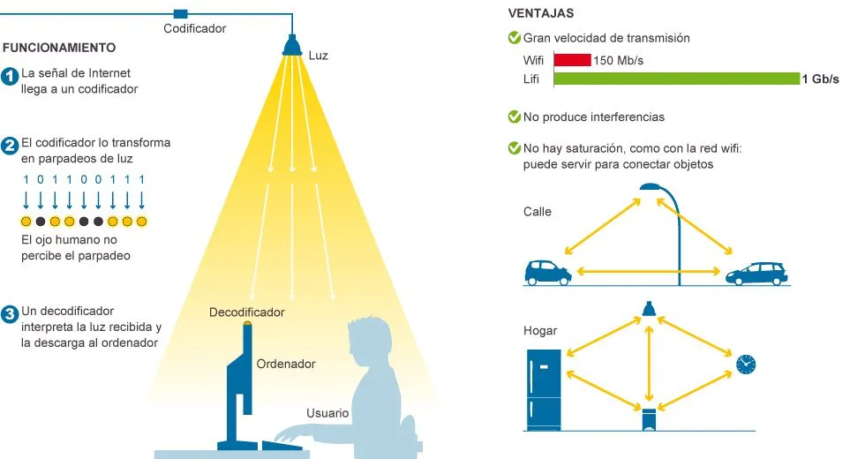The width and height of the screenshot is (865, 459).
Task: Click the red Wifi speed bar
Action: click(x=572, y=60)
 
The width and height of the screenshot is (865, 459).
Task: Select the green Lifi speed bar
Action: click(x=677, y=79)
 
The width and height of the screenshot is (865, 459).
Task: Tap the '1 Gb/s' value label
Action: click(x=820, y=79)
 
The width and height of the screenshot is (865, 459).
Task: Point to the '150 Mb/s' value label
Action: click(x=619, y=61)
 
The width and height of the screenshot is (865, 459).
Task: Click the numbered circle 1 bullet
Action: click(x=10, y=76)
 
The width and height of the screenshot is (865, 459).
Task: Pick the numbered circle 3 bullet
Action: click(x=10, y=314)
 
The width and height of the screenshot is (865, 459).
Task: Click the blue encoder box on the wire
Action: click(x=180, y=14)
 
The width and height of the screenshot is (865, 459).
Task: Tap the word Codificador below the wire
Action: click(x=195, y=28)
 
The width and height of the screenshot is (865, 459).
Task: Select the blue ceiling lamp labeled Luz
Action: click(x=292, y=45)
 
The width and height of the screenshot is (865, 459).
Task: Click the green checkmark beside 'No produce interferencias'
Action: click(x=514, y=117)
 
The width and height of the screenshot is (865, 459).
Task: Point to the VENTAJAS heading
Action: click(x=540, y=13)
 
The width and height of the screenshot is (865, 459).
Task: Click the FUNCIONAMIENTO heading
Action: click(x=59, y=48)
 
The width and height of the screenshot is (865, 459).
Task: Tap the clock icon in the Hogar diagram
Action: click(x=746, y=364)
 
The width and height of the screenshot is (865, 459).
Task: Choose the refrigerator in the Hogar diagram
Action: click(x=544, y=390)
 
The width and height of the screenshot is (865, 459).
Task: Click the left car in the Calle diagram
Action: click(x=548, y=273)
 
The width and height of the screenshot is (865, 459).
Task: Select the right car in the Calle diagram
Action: click(x=756, y=274)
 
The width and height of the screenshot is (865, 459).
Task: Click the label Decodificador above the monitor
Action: click(x=246, y=312)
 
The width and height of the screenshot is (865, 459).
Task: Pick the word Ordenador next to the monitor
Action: click(x=286, y=364)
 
